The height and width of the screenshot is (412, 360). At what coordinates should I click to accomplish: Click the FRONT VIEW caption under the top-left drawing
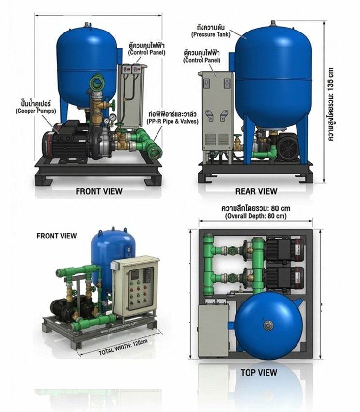coord(99,191)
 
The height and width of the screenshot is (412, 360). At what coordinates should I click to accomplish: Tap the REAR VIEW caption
coord(256,191)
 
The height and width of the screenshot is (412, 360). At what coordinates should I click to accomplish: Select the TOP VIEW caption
coord(259,373)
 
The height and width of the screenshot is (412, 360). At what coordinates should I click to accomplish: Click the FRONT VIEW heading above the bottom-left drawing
coord(57,236)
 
